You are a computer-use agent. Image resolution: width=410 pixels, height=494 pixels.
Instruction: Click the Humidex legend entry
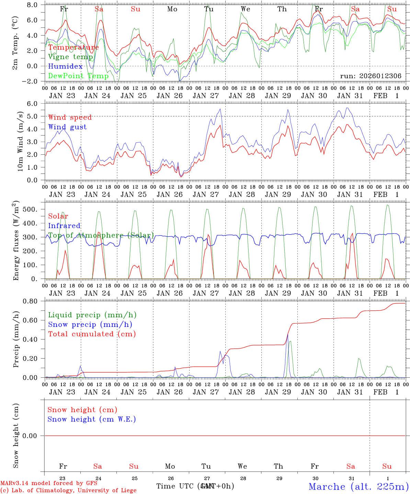(65, 67)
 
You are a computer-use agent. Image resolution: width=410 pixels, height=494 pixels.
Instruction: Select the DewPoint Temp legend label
(78, 76)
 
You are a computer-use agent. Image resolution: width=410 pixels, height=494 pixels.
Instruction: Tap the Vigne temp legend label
(70, 57)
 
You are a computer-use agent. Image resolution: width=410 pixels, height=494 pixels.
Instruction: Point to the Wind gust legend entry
(67, 127)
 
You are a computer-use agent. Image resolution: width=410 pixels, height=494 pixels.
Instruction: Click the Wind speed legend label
(70, 117)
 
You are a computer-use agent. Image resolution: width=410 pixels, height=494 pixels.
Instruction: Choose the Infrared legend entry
(64, 226)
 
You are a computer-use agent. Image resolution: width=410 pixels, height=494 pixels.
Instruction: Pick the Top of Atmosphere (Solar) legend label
(101, 235)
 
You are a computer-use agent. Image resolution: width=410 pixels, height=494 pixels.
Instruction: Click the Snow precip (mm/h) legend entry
(90, 325)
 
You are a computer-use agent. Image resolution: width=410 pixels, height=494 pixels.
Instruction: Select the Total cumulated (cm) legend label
(92, 334)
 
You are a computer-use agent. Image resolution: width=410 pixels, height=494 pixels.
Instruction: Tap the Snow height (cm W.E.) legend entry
(92, 419)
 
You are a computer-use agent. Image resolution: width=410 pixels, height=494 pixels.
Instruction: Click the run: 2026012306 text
(371, 76)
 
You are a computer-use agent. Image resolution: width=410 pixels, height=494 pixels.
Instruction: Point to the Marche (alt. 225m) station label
(358, 486)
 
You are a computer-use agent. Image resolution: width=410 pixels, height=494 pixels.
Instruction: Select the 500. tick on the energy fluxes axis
(33, 209)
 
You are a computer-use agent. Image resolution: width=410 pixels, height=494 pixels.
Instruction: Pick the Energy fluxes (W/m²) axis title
(16, 242)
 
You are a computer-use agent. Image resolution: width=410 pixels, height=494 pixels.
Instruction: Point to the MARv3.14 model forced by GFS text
(49, 483)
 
